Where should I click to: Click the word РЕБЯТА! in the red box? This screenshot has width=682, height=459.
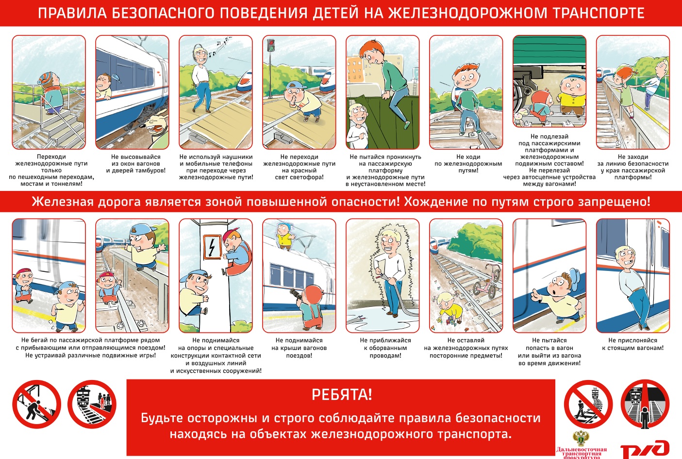341,395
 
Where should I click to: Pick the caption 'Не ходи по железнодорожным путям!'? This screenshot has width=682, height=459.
468,164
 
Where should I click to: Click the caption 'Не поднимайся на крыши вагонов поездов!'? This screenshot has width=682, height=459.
299,348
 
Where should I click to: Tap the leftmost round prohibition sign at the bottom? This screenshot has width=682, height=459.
36,404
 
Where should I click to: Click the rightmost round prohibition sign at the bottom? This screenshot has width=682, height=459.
645,404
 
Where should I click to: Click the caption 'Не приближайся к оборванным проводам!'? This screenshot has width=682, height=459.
385,348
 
